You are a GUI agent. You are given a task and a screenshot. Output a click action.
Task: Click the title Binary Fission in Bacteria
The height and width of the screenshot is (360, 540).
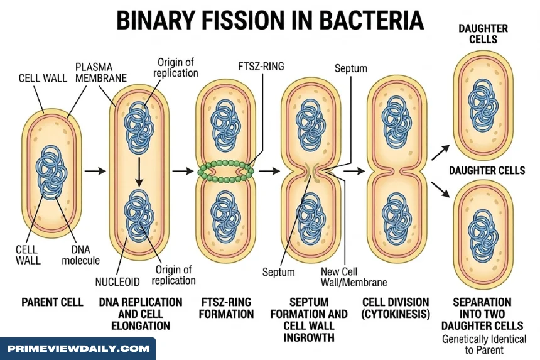click(x=270, y=20)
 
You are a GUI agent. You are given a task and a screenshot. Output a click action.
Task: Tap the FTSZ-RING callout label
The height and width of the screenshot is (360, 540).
click(x=261, y=66)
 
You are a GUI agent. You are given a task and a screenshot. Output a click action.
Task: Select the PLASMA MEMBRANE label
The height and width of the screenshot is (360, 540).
click(x=101, y=72)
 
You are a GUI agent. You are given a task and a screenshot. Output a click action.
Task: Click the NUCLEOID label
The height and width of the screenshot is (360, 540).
click(x=117, y=282)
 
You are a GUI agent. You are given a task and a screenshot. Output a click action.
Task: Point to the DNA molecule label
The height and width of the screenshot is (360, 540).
click(x=80, y=255)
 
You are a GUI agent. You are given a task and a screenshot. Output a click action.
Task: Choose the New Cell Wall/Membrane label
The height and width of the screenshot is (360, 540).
click(x=354, y=277)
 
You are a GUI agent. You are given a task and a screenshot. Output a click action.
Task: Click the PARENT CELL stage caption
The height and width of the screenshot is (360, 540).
click(x=52, y=302)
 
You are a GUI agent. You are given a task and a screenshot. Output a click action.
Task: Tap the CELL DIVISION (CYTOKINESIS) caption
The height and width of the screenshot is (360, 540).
click(x=396, y=308)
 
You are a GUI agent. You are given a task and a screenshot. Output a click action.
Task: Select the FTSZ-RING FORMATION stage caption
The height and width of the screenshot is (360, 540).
click(x=226, y=308)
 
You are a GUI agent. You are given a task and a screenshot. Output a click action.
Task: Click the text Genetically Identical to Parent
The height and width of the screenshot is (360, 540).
click(x=484, y=344)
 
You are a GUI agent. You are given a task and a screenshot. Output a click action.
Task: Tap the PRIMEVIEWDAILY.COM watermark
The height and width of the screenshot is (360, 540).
click(x=78, y=349)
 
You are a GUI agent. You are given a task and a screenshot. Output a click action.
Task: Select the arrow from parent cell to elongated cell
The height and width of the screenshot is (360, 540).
click(x=95, y=171)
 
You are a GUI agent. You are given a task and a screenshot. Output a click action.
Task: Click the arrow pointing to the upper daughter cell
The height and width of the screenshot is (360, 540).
click(x=440, y=152)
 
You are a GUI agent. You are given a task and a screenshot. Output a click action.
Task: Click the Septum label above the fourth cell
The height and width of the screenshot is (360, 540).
click(x=351, y=68)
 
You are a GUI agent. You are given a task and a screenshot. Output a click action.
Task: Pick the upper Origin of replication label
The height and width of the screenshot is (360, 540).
click(x=176, y=67)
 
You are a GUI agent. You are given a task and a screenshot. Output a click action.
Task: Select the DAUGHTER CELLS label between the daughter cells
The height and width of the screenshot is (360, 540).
click(x=487, y=170)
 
